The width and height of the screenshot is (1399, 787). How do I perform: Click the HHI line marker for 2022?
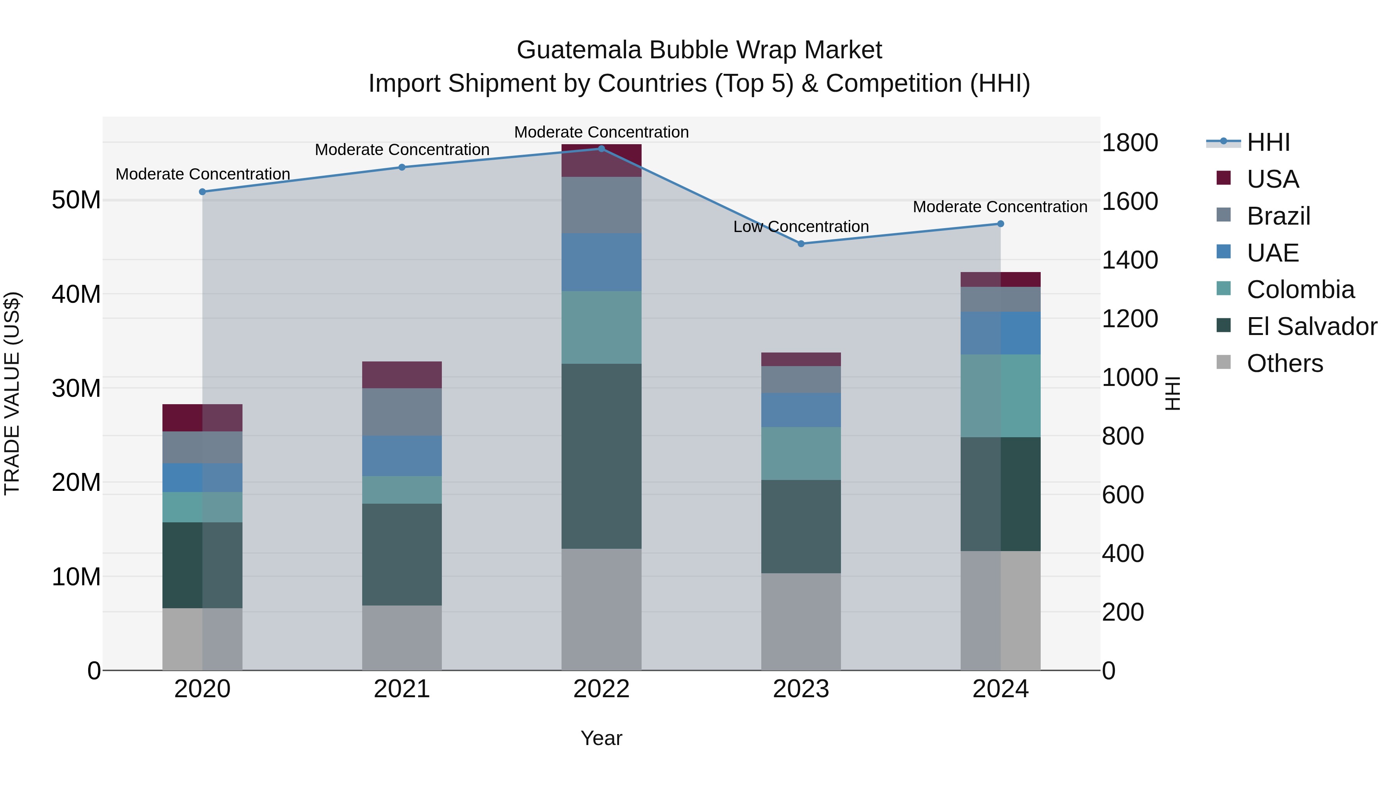[x=601, y=149]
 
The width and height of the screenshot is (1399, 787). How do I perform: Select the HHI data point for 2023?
[x=801, y=244]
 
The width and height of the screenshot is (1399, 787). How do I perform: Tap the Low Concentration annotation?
[x=801, y=227]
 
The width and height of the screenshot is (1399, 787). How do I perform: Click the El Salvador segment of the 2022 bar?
[x=601, y=456]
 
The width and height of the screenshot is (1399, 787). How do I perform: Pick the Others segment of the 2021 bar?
[x=402, y=638]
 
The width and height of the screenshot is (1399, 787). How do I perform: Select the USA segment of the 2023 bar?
[x=801, y=359]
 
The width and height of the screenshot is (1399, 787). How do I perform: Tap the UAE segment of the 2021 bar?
[x=402, y=456]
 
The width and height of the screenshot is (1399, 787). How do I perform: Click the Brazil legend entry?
[x=1279, y=216]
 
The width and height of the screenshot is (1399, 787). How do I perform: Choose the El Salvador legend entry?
[x=1312, y=326]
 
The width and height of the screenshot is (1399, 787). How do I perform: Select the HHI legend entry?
[x=1268, y=142]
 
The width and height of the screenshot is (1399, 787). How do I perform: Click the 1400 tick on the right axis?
[x=1130, y=260]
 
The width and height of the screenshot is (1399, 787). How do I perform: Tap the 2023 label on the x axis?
[x=801, y=689]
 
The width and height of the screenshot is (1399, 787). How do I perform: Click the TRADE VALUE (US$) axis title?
[x=12, y=393]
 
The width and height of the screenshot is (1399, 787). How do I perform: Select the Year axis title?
[x=601, y=738]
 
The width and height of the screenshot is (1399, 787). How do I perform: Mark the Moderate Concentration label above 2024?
[x=1000, y=207]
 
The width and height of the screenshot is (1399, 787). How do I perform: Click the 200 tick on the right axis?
[x=1123, y=612]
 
